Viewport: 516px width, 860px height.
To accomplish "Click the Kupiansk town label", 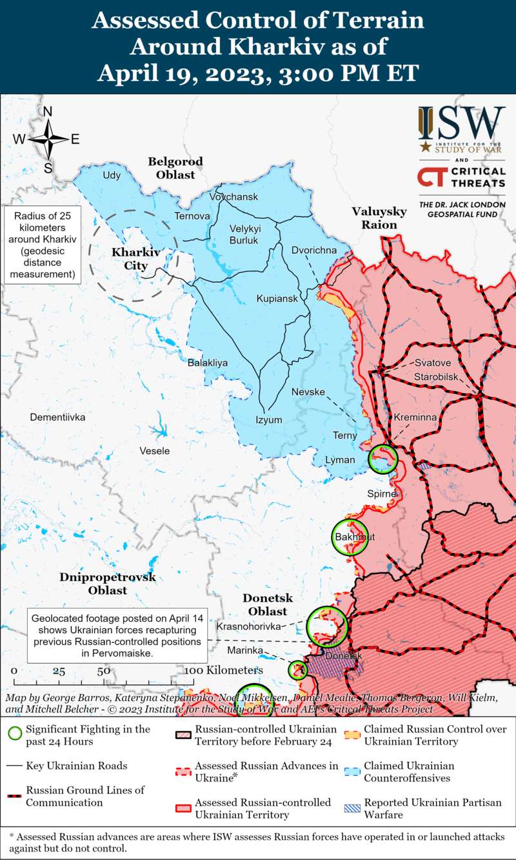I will (x=277, y=299).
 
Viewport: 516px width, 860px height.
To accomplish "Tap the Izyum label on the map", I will (x=269, y=420).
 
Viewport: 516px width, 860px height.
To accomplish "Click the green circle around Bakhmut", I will (x=350, y=537).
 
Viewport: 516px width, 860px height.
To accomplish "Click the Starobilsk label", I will (x=437, y=375).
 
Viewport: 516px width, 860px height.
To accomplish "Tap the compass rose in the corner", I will (x=48, y=140).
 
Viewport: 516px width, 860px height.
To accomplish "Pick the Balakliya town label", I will (x=208, y=363).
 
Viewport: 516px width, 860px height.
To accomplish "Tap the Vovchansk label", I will (x=233, y=196).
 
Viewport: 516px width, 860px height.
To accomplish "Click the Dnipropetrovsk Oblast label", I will (x=108, y=584).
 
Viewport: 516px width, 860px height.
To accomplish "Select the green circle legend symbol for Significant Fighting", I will (x=15, y=734).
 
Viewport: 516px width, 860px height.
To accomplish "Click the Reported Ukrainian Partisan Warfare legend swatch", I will (x=352, y=808).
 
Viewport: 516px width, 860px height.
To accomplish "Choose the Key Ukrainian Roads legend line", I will (x=15, y=766).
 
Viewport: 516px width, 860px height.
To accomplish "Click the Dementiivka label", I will (x=57, y=417).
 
